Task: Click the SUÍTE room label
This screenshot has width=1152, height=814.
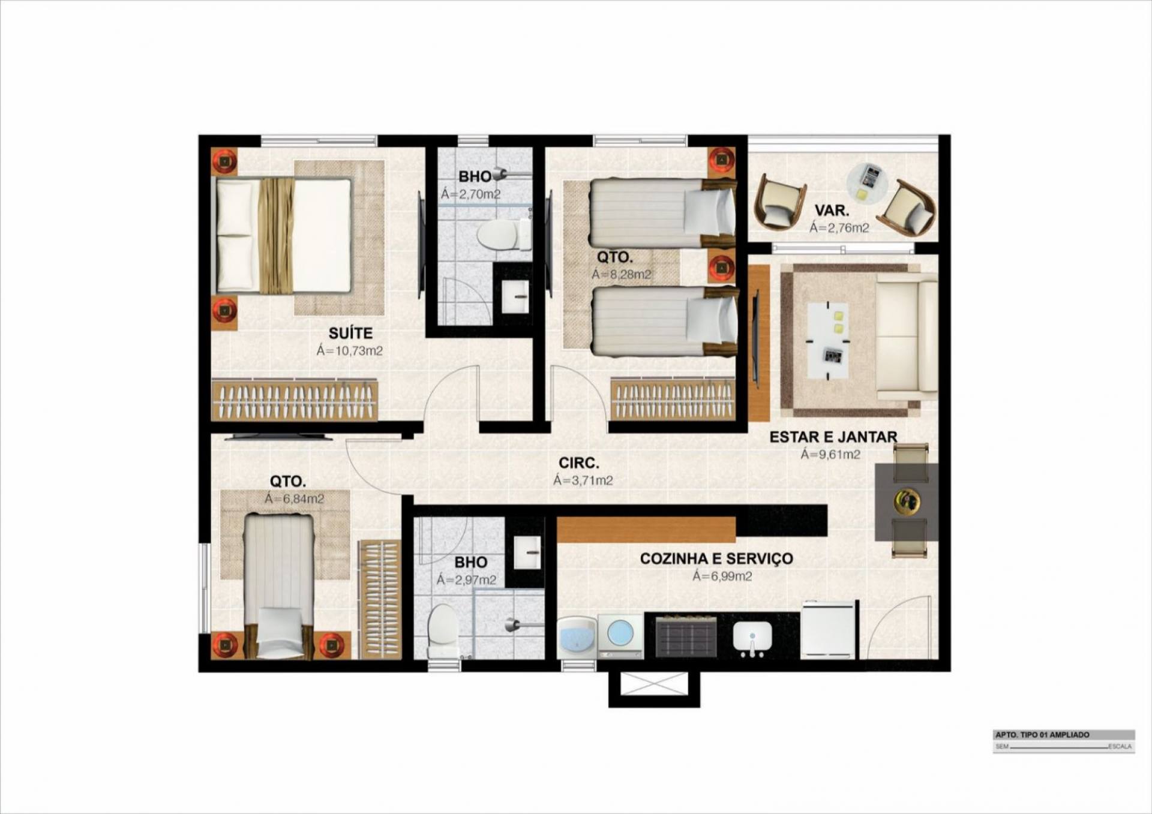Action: (x=350, y=333)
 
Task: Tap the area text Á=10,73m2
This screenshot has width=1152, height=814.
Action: (x=350, y=351)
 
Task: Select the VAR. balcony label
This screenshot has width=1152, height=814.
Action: (x=832, y=211)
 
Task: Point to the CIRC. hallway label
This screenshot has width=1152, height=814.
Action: (x=579, y=463)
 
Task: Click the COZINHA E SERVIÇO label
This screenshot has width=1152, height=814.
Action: (x=716, y=558)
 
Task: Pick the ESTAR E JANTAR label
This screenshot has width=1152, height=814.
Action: (x=833, y=437)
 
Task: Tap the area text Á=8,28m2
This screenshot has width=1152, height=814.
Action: (x=622, y=275)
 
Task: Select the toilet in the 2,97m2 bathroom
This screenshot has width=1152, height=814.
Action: (x=443, y=631)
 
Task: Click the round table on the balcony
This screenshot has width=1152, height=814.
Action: (x=867, y=182)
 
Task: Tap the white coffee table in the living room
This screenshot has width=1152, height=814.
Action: (x=828, y=341)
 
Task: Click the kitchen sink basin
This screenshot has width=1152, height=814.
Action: (x=752, y=636)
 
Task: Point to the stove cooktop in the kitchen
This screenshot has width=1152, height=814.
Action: (x=686, y=635)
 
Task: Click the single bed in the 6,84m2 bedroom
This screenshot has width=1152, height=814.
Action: (x=280, y=586)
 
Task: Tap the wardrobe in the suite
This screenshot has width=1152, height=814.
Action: (x=295, y=400)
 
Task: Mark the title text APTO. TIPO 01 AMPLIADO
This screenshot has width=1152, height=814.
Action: (x=1042, y=735)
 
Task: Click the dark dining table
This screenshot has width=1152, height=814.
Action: (x=907, y=501)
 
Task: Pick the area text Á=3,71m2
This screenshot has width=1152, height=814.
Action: (x=583, y=480)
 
